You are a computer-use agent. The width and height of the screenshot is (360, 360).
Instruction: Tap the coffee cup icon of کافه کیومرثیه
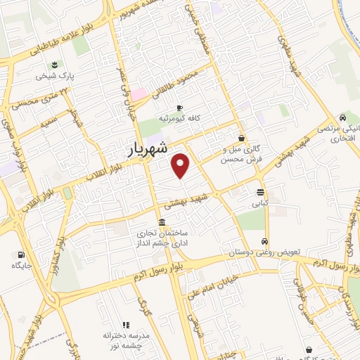(x=179, y=108)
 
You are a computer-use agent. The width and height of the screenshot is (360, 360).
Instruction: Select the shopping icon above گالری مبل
(x=242, y=139)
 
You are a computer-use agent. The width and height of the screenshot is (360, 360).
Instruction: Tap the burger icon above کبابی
(x=261, y=192)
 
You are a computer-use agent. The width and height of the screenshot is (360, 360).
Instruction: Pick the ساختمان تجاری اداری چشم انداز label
(x=163, y=238)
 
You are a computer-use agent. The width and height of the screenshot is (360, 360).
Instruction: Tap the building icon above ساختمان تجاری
(x=162, y=223)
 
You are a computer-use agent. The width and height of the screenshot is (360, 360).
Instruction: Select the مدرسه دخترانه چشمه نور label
(x=127, y=340)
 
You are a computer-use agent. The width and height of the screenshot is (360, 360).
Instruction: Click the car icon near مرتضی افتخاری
(x=342, y=117)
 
